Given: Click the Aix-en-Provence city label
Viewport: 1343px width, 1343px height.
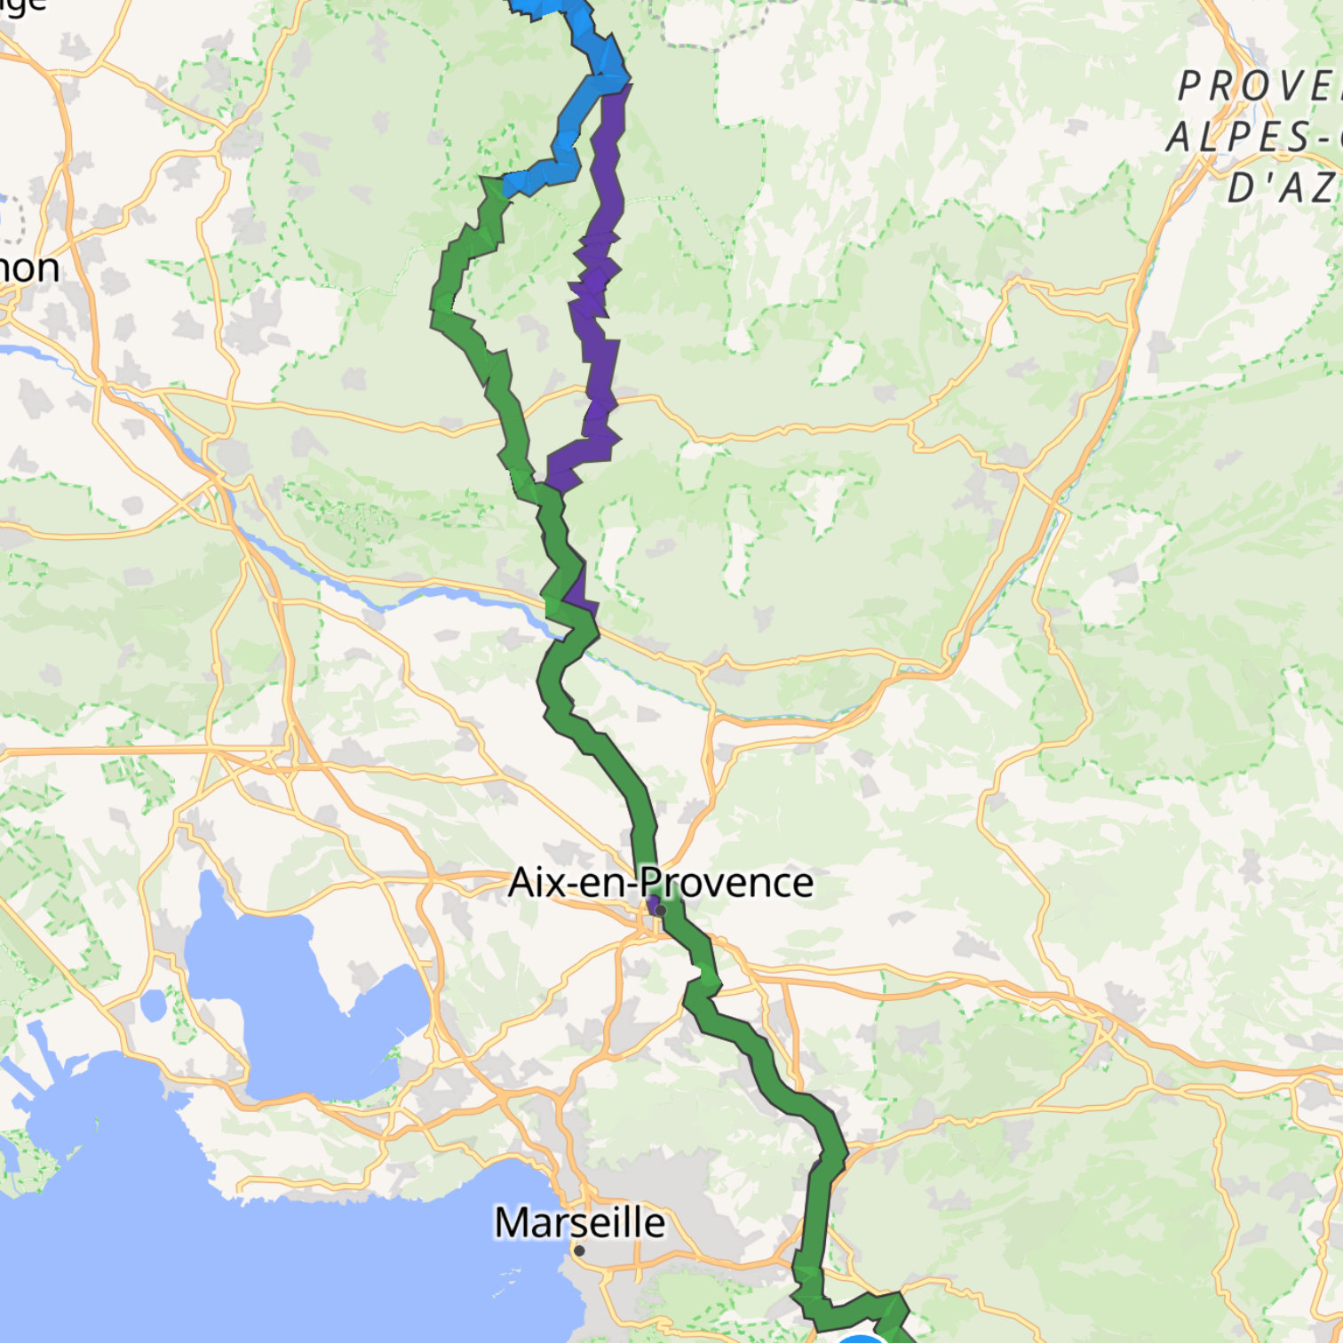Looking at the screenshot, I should click(x=660, y=883).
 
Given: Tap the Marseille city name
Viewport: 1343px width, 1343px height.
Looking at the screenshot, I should click(x=579, y=1222).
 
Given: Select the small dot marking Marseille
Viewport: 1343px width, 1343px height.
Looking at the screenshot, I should click(x=579, y=1251).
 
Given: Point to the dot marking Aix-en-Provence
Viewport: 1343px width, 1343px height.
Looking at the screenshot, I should click(x=661, y=910).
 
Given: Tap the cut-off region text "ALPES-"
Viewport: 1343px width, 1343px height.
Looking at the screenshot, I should click(x=1252, y=138).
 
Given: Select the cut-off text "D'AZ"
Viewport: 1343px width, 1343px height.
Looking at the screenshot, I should click(x=1284, y=188).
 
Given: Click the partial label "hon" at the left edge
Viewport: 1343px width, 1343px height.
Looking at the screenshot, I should click(x=28, y=268).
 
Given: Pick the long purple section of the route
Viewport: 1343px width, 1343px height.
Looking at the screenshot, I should click(x=600, y=284).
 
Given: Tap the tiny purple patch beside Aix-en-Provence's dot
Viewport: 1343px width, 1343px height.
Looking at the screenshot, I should click(x=653, y=906).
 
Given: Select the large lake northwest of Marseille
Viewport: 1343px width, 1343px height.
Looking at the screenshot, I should click(x=293, y=995).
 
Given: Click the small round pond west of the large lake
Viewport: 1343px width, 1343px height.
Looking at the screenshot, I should click(x=153, y=1005).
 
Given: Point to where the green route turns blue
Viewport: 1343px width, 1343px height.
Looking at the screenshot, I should click(x=503, y=187).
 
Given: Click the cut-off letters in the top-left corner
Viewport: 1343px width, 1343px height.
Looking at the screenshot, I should click(x=21, y=5).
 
